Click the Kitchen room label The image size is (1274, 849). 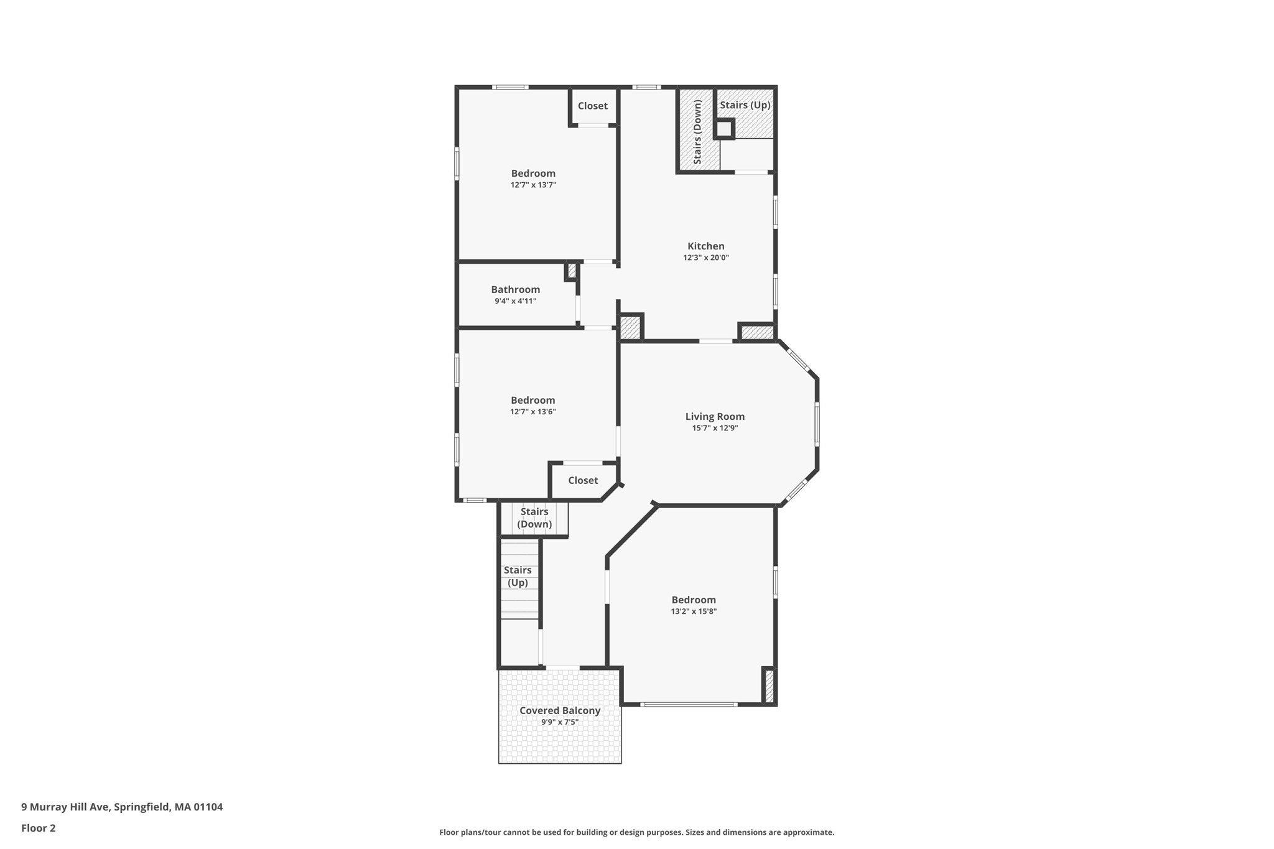coord(705,246)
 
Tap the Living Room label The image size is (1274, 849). coord(715,417)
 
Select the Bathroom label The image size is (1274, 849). coord(515,290)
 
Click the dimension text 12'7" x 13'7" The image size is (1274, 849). coord(533,185)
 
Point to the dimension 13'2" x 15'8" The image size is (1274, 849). coord(694,611)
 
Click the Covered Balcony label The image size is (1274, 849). coord(560,710)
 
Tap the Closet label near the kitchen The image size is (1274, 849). coord(592,106)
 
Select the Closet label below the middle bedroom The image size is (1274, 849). coord(583,480)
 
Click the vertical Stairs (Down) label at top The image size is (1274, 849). coord(697,132)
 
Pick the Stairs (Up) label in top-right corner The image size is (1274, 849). coord(745,105)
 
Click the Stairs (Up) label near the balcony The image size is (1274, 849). coord(518,576)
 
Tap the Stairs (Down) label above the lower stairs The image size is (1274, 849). coord(534,517)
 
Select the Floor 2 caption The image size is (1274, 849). coord(39,828)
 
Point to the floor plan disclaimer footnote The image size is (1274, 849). coord(636,832)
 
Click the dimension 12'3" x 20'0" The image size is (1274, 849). coord(705,257)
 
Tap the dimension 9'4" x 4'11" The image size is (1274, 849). coord(515,301)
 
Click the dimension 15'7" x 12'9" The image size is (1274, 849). coord(715,428)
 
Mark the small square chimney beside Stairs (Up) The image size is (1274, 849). coord(724,129)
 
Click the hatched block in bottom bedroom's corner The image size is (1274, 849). coord(769,686)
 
